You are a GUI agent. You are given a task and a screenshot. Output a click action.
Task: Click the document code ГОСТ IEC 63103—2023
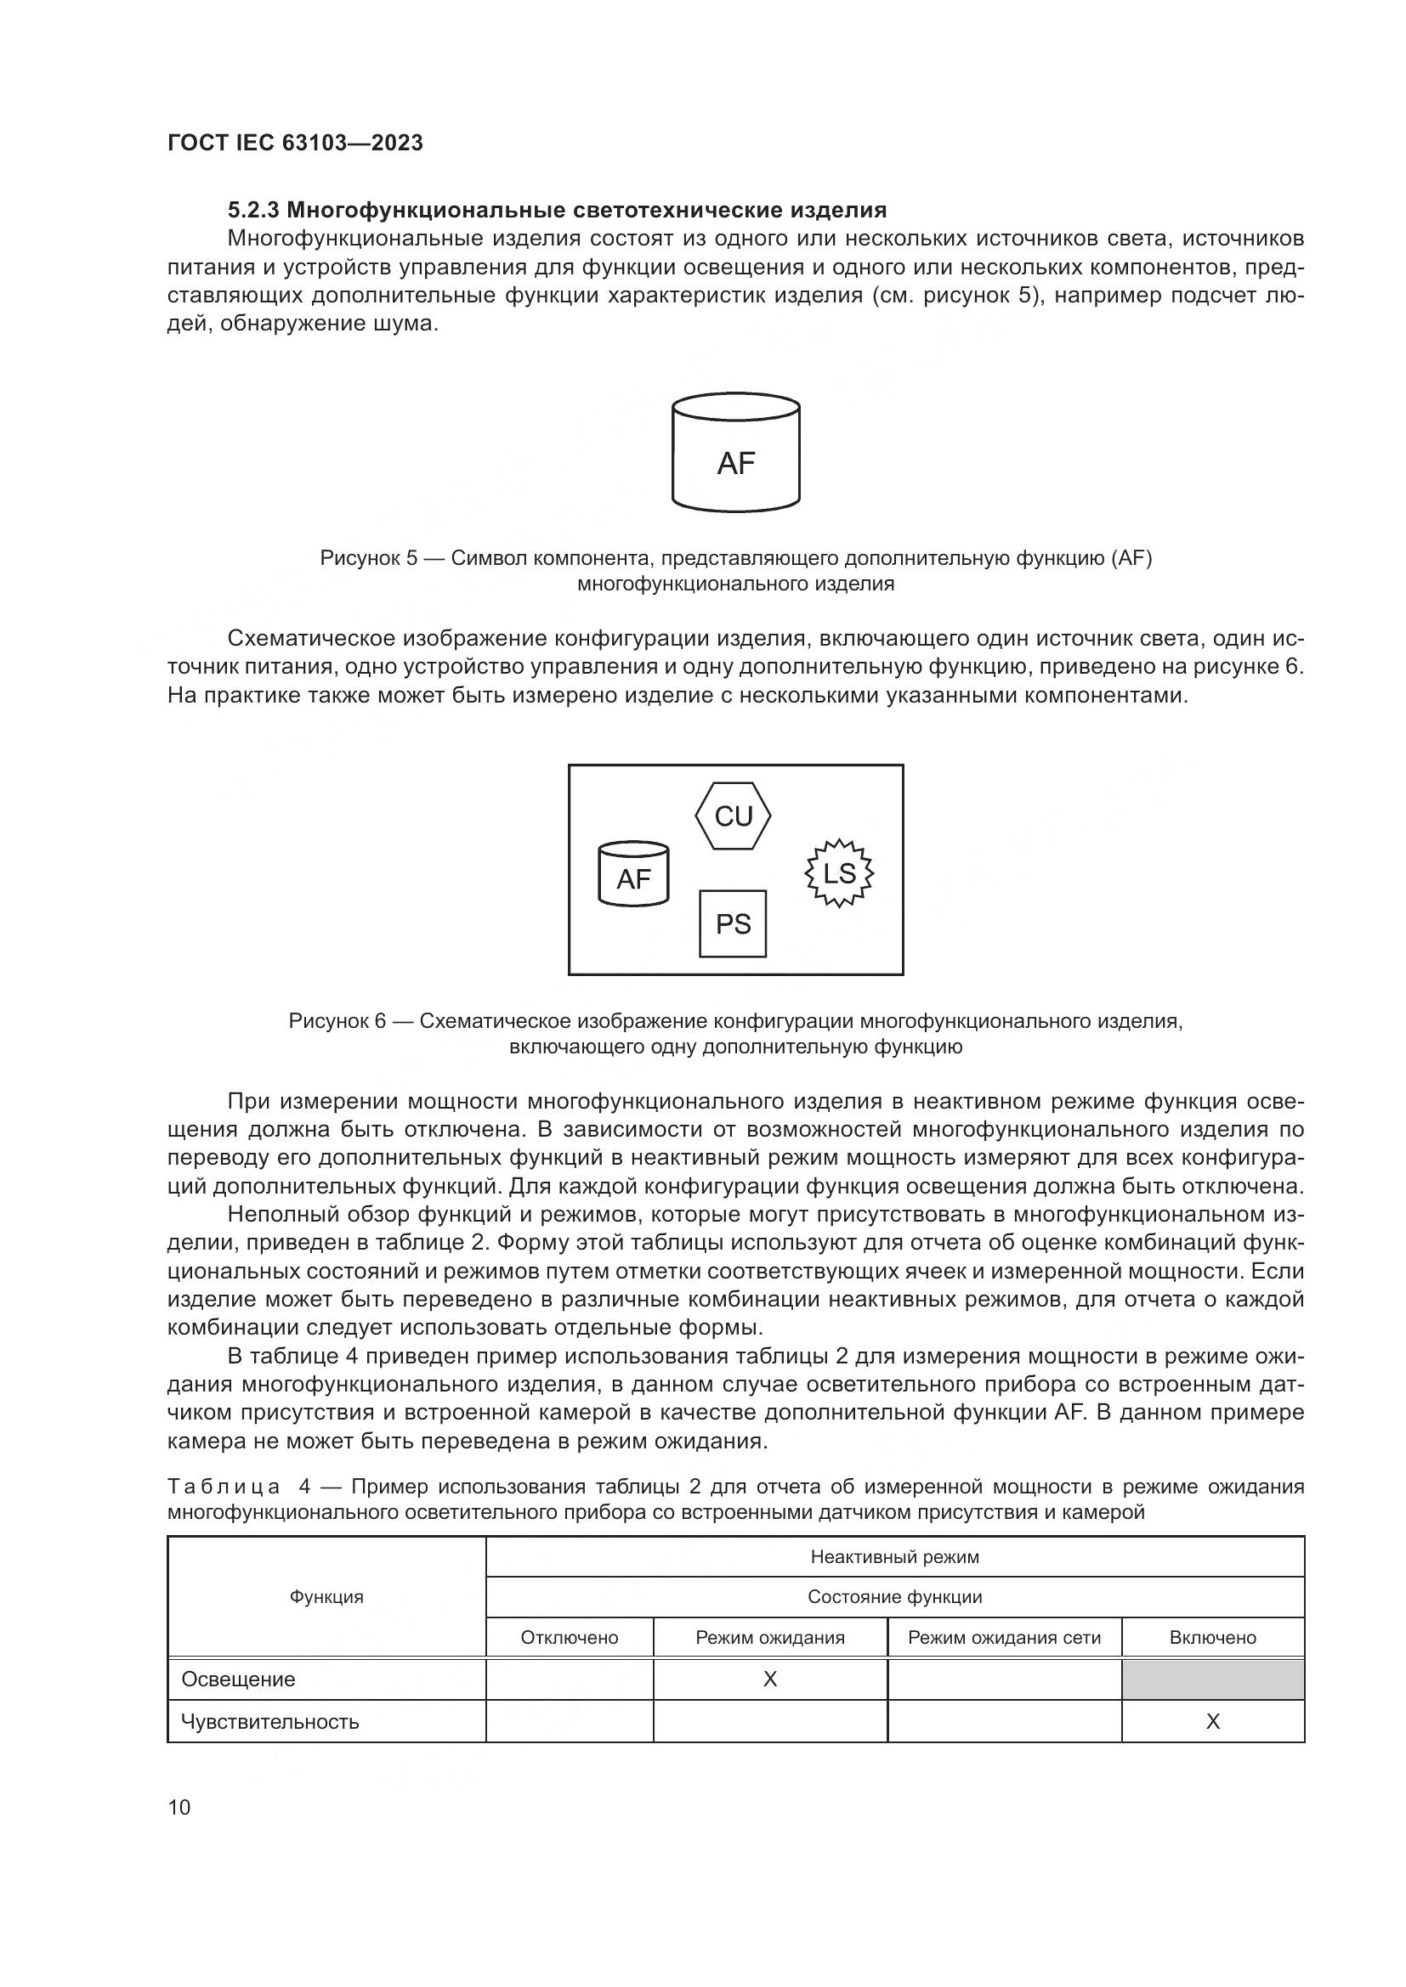(295, 143)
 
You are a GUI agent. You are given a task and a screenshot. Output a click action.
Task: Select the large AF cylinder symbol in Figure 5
(736, 454)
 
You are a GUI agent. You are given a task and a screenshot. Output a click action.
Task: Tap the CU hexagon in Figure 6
(734, 816)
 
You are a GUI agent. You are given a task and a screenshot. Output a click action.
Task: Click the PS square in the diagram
(733, 924)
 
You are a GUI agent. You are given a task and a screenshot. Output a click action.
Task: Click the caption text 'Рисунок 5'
(369, 558)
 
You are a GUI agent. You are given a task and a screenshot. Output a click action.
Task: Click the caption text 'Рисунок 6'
(337, 1021)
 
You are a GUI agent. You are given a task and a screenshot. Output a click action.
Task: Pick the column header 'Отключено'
(570, 1637)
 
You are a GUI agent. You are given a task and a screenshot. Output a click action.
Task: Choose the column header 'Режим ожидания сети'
(1004, 1637)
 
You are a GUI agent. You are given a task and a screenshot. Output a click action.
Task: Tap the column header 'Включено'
(1212, 1637)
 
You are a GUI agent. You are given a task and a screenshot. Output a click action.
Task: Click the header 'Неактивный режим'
(894, 1557)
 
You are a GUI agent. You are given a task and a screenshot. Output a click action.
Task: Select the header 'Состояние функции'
(894, 1597)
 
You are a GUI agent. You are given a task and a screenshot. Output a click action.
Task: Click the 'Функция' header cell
(326, 1597)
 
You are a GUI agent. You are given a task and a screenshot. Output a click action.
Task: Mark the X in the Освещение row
(769, 1679)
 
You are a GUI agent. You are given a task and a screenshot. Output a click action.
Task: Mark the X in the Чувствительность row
(1212, 1721)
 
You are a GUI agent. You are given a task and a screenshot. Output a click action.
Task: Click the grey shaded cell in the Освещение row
(1212, 1679)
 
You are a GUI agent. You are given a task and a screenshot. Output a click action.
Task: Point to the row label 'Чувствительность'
(270, 1721)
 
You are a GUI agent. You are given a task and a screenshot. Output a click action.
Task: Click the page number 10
(179, 1807)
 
